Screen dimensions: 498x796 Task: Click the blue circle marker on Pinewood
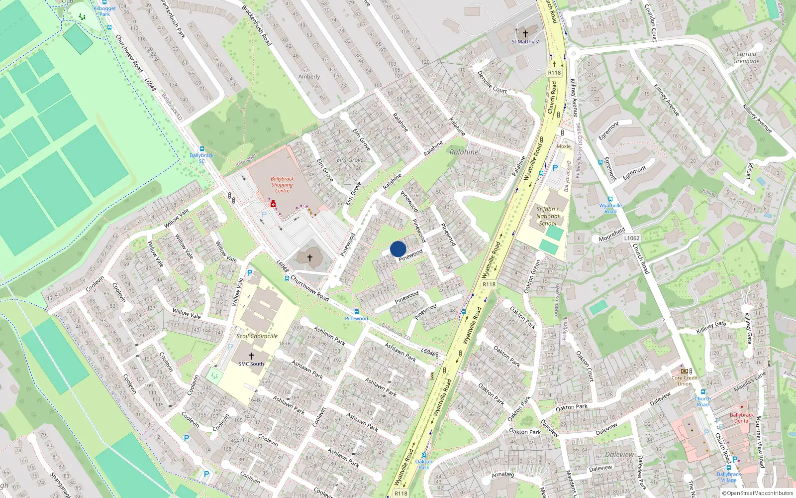point(398,249)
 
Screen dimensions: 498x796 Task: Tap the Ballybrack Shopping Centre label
point(282,185)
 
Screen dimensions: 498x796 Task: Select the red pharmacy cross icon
point(273,204)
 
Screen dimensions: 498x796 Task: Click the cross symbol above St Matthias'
point(525,34)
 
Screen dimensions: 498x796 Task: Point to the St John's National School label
point(547,216)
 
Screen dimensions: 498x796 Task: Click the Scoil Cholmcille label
point(257,336)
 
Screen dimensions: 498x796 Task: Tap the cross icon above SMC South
point(251,356)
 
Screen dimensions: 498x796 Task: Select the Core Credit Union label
point(684,380)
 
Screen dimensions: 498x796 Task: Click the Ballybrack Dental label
point(742,418)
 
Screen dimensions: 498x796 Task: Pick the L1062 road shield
point(631,238)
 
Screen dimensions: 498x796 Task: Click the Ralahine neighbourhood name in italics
point(464,152)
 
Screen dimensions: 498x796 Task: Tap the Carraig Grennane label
point(746,58)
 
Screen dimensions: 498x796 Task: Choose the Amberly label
point(309,77)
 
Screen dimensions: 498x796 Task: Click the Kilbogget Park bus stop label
point(104,11)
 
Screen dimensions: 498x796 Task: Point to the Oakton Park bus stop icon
point(424,455)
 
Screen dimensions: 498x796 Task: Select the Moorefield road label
point(611,235)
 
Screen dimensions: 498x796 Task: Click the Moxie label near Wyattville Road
point(564,146)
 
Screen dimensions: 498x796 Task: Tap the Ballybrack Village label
point(729,477)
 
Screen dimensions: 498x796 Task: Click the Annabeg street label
point(502,475)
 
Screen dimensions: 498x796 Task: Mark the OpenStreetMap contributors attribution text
point(758,494)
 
